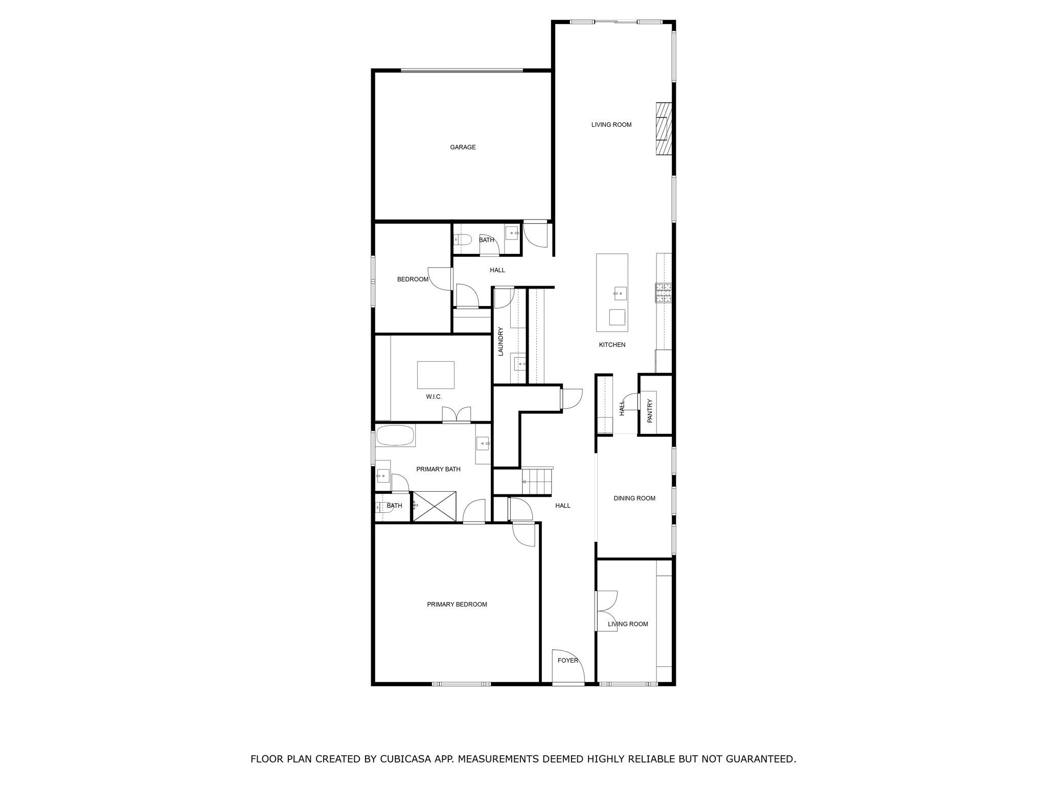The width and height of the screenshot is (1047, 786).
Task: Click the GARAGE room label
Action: (463, 147)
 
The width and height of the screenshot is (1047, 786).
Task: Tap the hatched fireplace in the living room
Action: (664, 128)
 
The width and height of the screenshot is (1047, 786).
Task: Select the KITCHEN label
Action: (612, 345)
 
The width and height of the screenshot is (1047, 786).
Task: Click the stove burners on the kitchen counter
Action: (664, 293)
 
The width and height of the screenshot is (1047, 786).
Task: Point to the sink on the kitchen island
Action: (620, 293)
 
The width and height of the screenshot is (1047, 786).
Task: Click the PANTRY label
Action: (650, 411)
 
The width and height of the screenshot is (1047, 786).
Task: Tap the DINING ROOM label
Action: (634, 498)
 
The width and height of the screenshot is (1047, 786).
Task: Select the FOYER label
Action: (567, 661)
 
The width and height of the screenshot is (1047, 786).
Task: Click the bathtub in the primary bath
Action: (395, 435)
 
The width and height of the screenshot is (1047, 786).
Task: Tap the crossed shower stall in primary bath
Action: (434, 506)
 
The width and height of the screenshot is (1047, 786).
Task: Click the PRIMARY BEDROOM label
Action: (457, 604)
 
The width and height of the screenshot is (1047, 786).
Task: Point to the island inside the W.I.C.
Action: (436, 375)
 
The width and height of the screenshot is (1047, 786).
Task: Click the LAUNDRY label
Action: (501, 341)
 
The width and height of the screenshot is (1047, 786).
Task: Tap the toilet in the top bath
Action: (462, 239)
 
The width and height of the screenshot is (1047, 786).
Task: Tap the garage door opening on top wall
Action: (461, 71)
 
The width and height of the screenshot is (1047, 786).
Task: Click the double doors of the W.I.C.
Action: (456, 414)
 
